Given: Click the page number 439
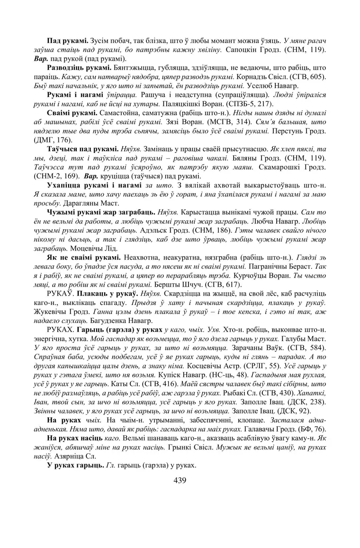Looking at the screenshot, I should [x=180, y=480].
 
